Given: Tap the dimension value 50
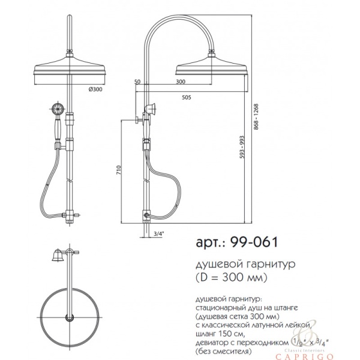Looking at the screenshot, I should [137, 81].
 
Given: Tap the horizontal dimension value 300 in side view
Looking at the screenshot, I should [180, 81].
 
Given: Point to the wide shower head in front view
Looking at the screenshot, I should [71, 67].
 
